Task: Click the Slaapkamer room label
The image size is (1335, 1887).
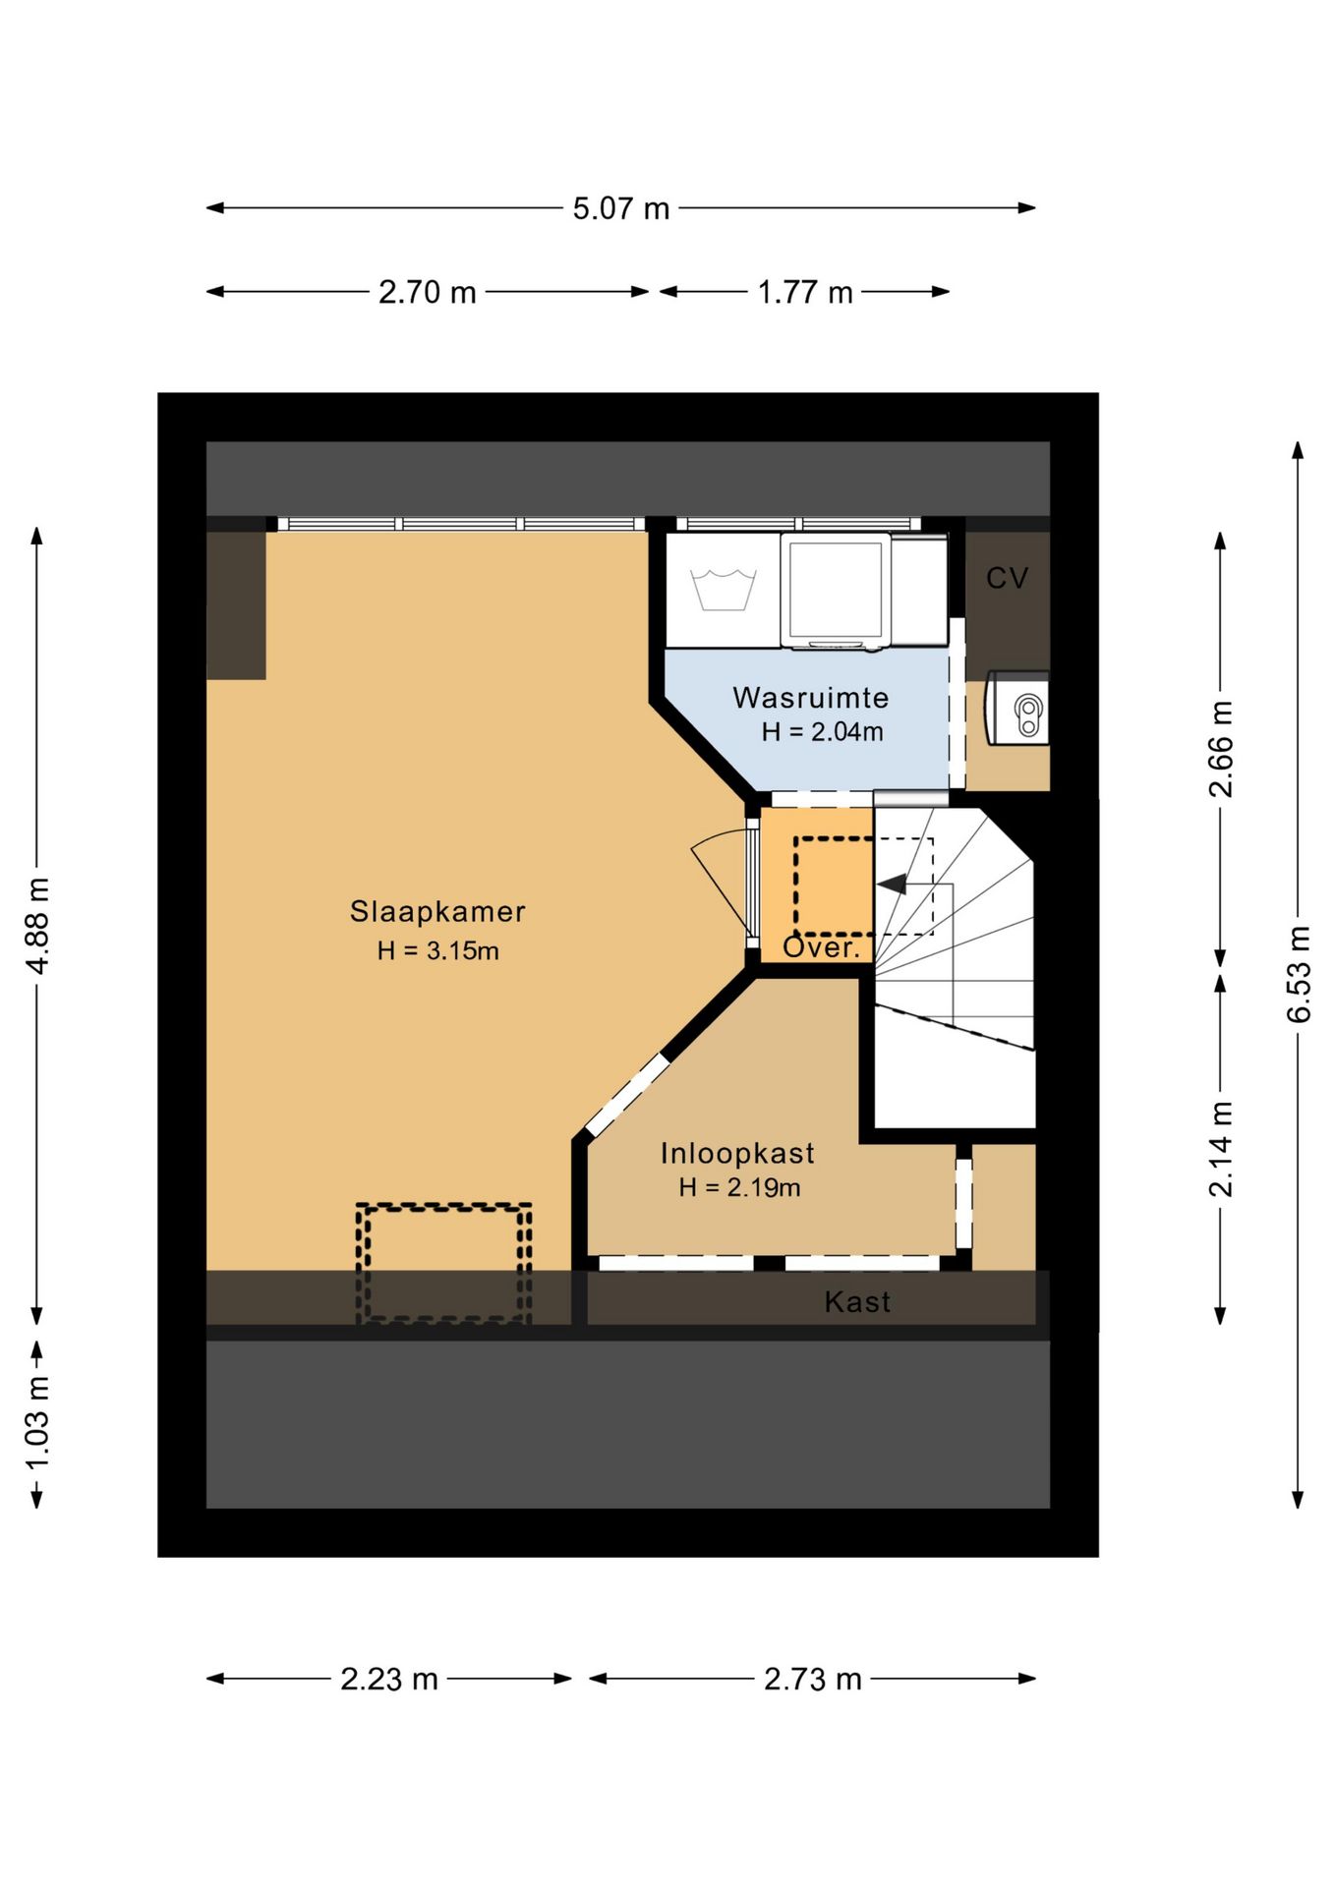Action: click(437, 912)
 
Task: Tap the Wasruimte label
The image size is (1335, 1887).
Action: click(811, 698)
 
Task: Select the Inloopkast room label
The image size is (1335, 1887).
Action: click(737, 1153)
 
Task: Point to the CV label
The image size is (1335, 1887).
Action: click(1008, 578)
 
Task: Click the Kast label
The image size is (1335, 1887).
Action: click(858, 1302)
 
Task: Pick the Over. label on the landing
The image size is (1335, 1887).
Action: click(821, 947)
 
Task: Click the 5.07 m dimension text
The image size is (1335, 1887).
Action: click(621, 208)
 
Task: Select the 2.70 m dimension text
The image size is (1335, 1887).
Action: click(428, 292)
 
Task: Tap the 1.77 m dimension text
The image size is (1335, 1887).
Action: click(805, 292)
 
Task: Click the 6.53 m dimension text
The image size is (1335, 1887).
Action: click(1299, 974)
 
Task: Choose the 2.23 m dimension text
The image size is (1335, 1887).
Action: click(389, 1679)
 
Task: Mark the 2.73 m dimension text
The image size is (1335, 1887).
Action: click(813, 1679)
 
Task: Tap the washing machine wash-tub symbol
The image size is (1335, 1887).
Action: click(723, 590)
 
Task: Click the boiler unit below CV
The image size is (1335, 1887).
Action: click(1017, 708)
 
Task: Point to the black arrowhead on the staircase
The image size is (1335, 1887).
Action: click(892, 885)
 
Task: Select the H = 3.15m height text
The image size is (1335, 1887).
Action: click(437, 950)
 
